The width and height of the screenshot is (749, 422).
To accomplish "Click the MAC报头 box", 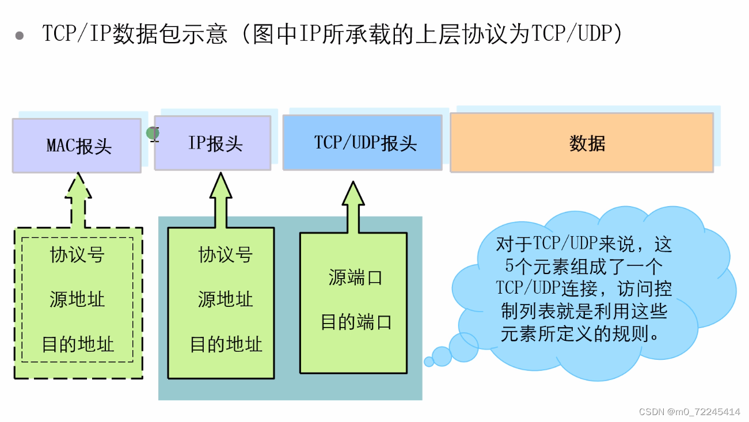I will coord(77,145).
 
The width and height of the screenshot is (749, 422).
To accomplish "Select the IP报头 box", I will coord(212,143).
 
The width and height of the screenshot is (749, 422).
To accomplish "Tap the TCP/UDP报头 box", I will coord(362,143).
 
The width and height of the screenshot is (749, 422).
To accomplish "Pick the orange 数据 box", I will coord(581,143).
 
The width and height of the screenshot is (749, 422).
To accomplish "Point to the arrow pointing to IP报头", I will coord(220,199).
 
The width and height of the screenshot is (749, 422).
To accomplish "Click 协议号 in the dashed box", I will coord(78,254).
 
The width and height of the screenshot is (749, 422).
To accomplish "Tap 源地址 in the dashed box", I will coord(78,299).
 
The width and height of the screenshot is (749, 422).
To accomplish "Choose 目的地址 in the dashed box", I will coord(78,344).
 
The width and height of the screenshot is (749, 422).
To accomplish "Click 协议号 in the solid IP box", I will coord(226,254).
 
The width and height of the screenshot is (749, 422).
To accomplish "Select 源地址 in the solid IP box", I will coord(226,299).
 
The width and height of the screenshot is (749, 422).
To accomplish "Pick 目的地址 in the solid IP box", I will coord(226,344).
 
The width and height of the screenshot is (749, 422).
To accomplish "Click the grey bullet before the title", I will coord(20,36).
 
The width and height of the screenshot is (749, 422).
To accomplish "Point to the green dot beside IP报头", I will coord(153,134).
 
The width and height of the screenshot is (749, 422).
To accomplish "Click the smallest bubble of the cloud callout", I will coord(429,362).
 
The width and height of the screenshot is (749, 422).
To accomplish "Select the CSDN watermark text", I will coord(690,412).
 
